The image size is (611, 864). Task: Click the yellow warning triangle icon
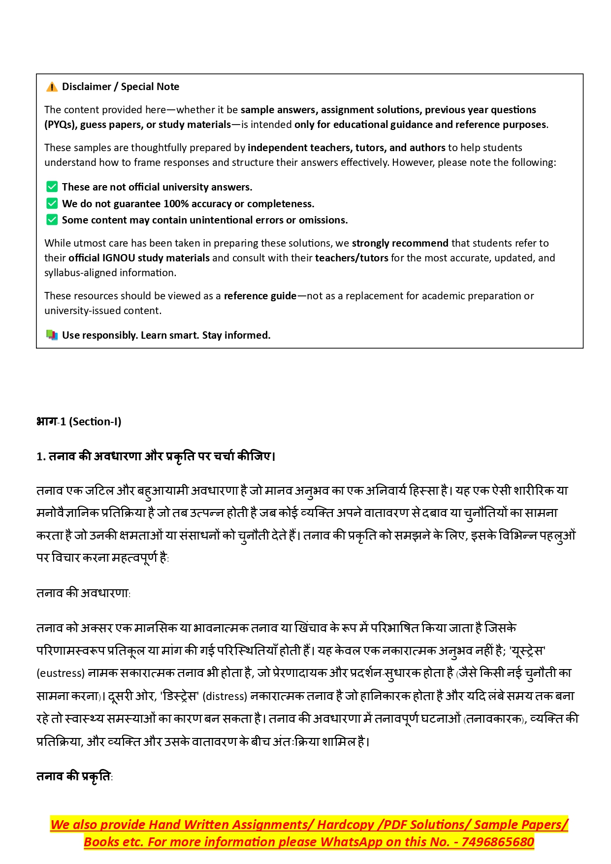tap(52, 87)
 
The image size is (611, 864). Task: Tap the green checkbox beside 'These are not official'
tap(52, 187)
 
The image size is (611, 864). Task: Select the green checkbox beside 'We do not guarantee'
tap(52, 203)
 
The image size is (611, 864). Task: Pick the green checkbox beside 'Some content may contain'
tap(52, 220)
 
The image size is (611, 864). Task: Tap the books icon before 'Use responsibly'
tap(52, 335)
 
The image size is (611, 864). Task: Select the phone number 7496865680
tap(497, 842)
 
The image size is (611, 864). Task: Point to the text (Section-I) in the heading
tap(95, 421)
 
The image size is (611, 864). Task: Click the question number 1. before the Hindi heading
tap(41, 456)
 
